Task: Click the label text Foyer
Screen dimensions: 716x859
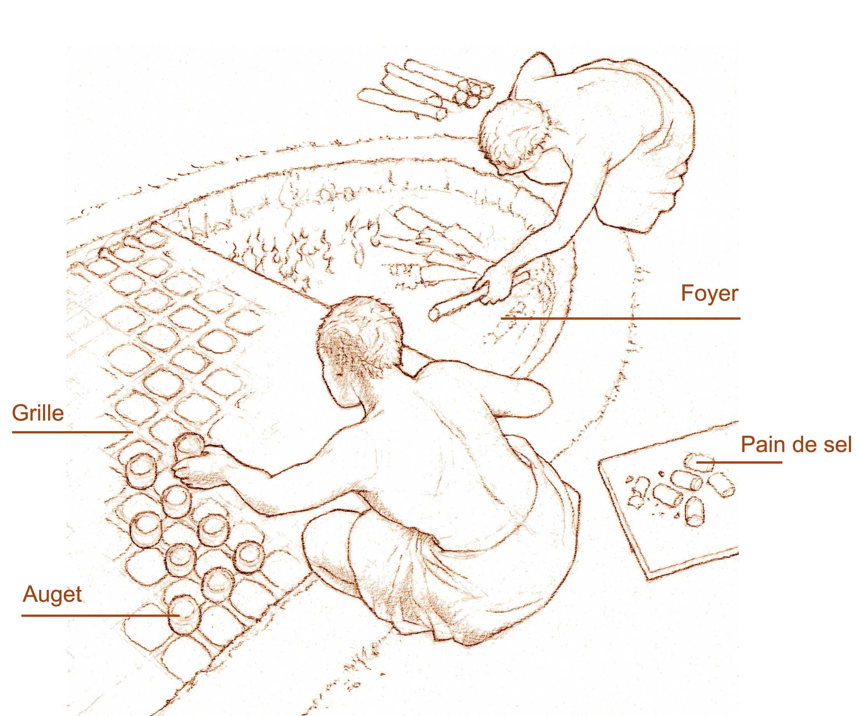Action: [709, 294]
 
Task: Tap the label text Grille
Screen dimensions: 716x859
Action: [38, 413]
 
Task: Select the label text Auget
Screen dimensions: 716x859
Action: [52, 594]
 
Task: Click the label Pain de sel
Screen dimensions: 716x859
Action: [796, 444]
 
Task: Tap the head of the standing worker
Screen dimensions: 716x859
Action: [515, 135]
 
